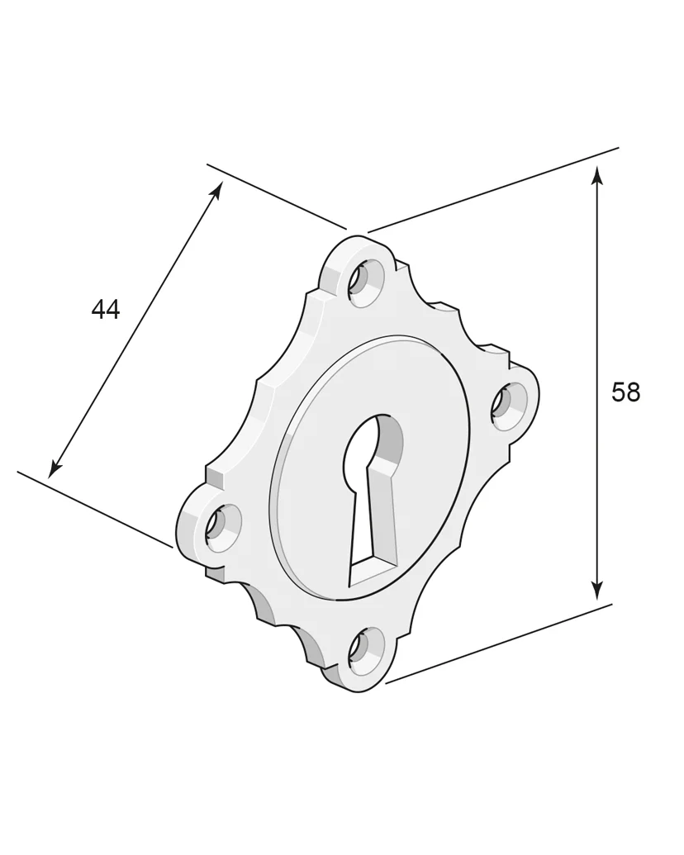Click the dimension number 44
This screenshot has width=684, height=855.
click(105, 310)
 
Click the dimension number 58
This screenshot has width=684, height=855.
click(625, 392)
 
